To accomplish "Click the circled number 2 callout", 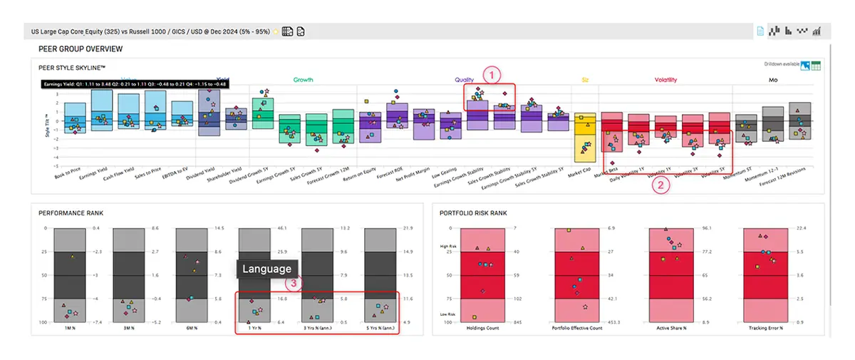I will point(662,185).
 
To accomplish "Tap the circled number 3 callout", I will point(294,283).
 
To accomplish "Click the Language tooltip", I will point(267,269).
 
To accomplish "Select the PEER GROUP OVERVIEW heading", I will point(81,49).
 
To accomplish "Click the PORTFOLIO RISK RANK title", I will point(473,213).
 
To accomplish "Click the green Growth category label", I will point(303,80).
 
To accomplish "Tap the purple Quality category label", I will point(465,80).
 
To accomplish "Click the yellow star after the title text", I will point(276,32).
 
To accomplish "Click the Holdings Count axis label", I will point(483,329).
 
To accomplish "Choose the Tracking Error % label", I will point(766,329).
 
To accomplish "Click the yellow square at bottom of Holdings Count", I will point(474,317).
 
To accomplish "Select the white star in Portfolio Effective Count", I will point(585,307).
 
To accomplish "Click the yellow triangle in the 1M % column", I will point(71,257).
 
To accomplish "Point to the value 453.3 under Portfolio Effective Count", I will point(615,322).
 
